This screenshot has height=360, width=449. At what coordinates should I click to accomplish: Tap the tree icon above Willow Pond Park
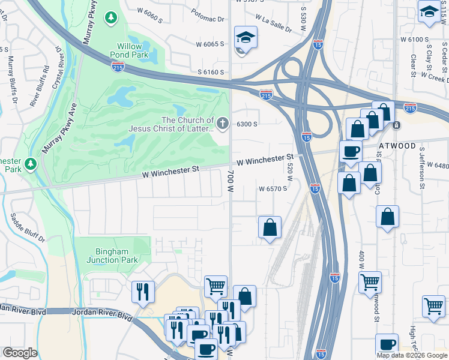(x=111, y=19)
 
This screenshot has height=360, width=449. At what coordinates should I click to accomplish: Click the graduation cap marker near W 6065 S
(x=246, y=38)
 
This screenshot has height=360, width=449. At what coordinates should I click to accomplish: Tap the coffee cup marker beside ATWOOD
(x=351, y=151)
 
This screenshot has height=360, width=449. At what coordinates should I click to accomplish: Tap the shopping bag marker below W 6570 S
(x=270, y=227)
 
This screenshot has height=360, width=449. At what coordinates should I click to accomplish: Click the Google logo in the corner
(x=19, y=353)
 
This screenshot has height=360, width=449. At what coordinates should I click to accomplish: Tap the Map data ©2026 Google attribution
(x=412, y=355)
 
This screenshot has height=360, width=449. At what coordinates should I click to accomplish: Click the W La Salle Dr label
(x=273, y=23)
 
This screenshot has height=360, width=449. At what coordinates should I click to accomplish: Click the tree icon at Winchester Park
(x=31, y=164)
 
